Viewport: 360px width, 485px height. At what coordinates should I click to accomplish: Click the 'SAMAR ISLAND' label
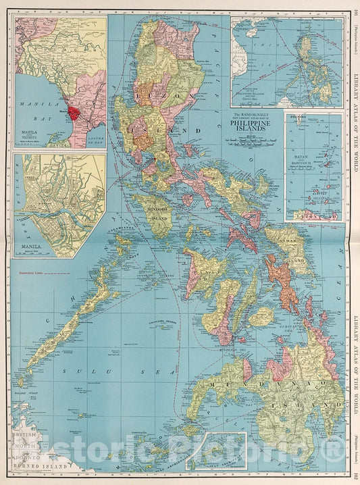coord(294,245)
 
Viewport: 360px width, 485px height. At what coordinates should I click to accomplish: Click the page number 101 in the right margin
coord(355,9)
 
